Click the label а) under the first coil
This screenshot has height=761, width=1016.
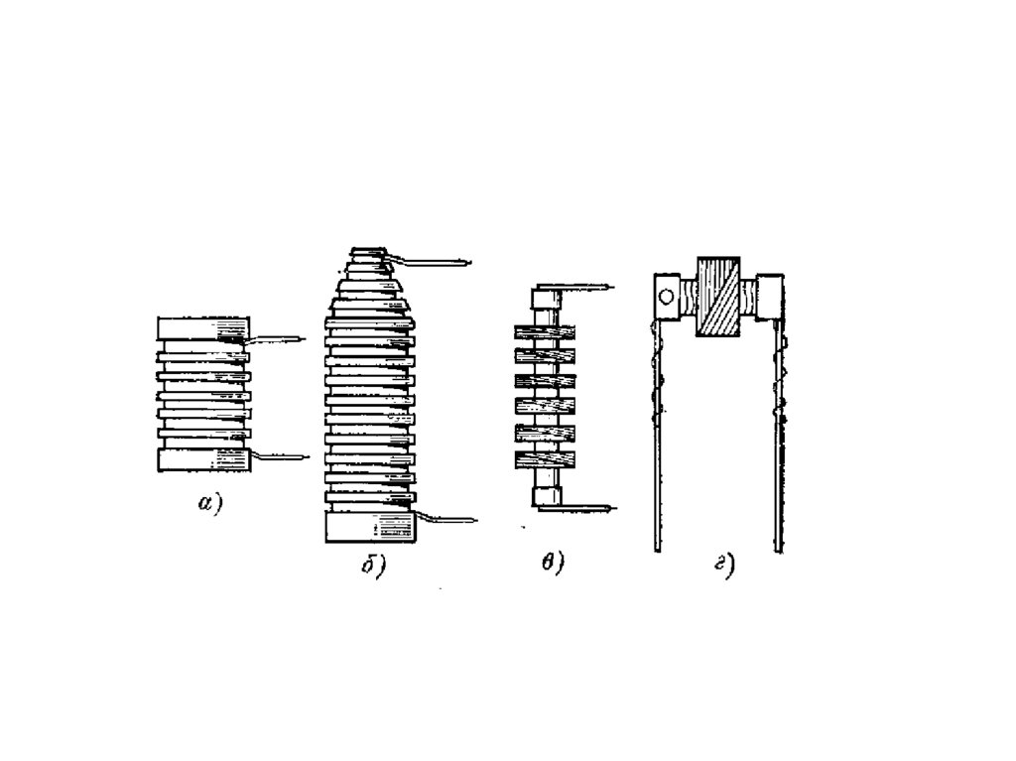209,504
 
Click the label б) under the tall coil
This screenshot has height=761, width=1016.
371,567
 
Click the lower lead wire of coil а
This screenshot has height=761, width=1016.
283,456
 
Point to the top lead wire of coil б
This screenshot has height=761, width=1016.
437,262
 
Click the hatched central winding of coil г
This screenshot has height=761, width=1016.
719,297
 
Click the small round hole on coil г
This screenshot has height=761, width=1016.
666,295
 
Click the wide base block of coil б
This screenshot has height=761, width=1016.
370,526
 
